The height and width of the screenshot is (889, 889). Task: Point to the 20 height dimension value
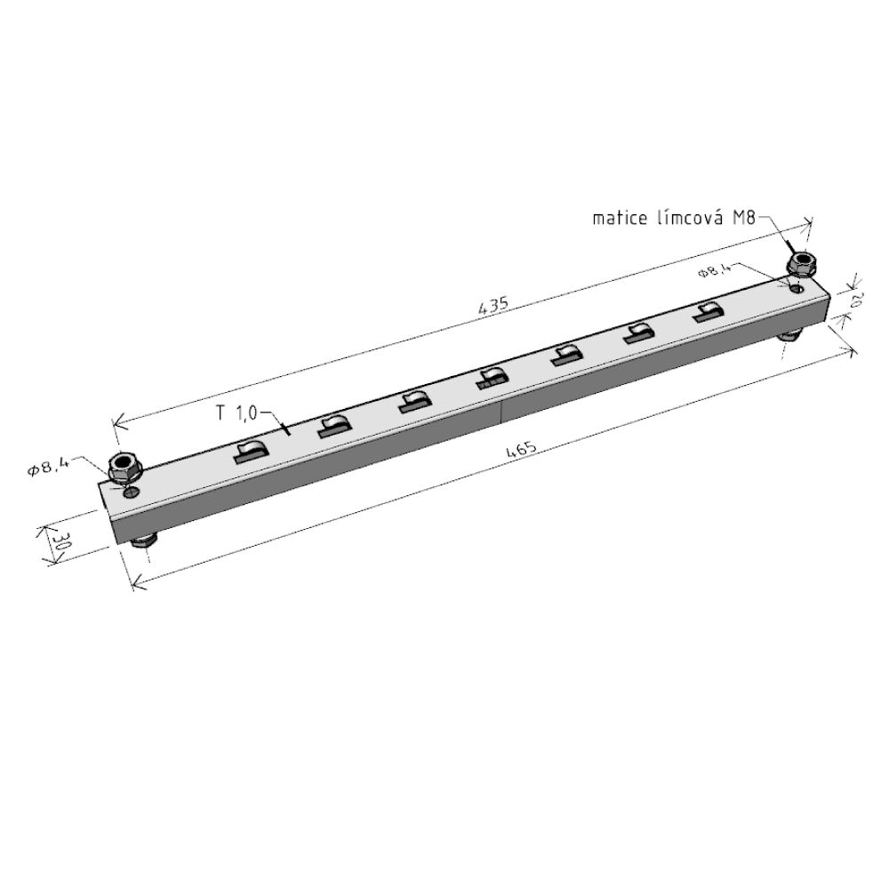click(855, 300)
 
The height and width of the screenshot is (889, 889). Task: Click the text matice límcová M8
click(674, 219)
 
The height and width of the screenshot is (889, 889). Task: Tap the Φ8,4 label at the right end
click(715, 270)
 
